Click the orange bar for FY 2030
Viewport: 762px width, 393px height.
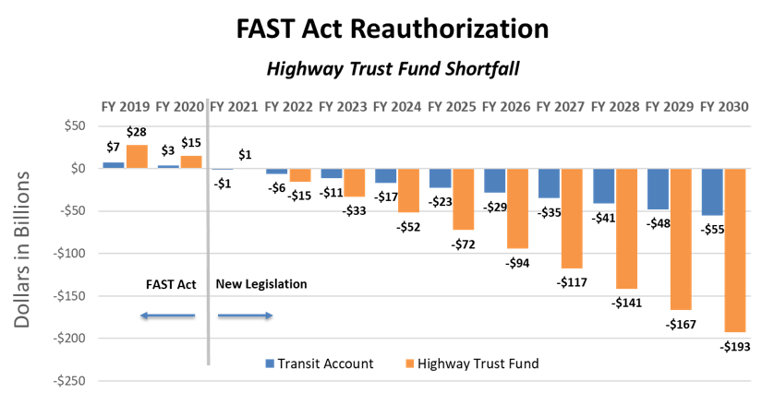[735, 250]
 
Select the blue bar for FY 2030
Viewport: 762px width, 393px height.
[712, 192]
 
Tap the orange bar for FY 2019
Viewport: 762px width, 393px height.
[137, 156]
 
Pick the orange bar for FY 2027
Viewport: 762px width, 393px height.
[573, 219]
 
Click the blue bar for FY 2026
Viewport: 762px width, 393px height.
[495, 180]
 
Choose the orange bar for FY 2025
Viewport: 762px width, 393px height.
[464, 199]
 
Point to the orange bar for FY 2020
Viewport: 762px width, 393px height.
[191, 161]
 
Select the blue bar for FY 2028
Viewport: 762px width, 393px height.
[604, 185]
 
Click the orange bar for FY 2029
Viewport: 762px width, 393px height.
[681, 239]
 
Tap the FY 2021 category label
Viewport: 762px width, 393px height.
[234, 107]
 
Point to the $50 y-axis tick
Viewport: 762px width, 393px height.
[75, 126]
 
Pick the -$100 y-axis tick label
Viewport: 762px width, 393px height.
[71, 254]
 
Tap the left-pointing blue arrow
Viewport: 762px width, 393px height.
[167, 316]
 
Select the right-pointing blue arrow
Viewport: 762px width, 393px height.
[246, 316]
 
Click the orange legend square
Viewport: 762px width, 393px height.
[410, 363]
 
